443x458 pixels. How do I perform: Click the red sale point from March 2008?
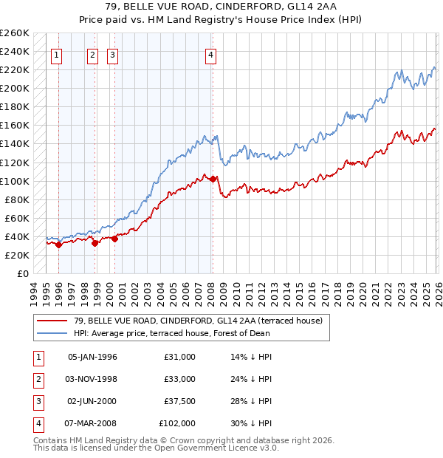tap(213, 179)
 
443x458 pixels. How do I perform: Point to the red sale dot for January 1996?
tap(59, 245)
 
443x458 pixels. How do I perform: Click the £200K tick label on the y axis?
tap(15, 88)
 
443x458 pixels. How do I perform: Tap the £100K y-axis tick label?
tap(15, 181)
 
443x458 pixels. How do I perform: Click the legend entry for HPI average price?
tap(172, 333)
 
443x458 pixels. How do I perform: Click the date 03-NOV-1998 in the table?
tap(92, 379)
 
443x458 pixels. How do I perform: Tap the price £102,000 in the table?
tap(177, 424)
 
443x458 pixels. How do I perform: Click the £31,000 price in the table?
tap(179, 357)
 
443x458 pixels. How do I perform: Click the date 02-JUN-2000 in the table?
tap(92, 402)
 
